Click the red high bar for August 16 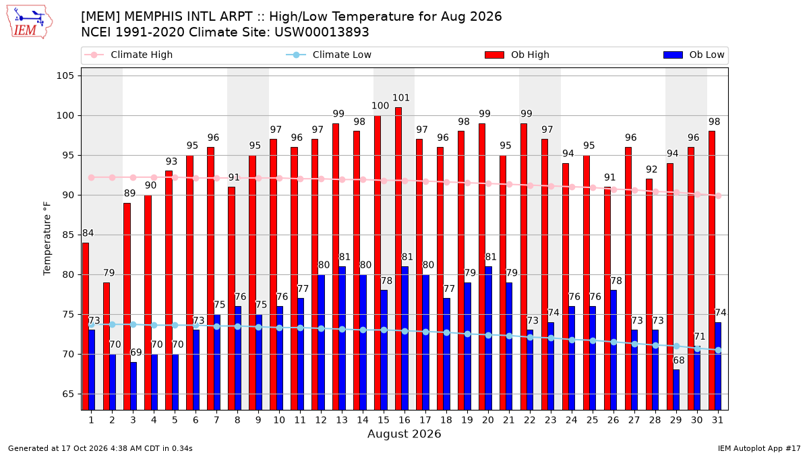398,259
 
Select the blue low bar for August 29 676,390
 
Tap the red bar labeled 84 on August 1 85,326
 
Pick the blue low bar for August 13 342,338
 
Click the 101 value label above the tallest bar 401,98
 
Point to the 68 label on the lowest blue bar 679,361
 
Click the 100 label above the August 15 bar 380,106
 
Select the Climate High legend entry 128,55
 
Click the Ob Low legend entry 694,55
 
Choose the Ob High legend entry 517,55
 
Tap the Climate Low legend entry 329,55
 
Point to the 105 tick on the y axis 65,75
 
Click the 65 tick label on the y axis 68,394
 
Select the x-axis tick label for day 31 717,420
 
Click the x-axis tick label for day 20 488,420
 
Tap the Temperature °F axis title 47,239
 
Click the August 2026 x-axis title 404,433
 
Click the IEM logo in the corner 30,22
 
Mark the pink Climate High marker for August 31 719,195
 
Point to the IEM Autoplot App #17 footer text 759,448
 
